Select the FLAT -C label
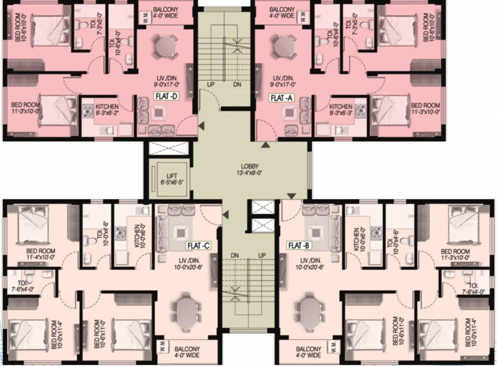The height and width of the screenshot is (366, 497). pyautogui.click(x=198, y=245)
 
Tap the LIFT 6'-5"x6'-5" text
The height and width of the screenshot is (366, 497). pyautogui.click(x=172, y=179)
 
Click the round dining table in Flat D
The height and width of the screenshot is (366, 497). pyautogui.click(x=165, y=47)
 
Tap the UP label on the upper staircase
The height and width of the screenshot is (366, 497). pyautogui.click(x=211, y=85)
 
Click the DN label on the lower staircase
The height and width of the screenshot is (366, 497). pyautogui.click(x=234, y=255)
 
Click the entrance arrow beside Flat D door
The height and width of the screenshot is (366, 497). pyautogui.click(x=202, y=125)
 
